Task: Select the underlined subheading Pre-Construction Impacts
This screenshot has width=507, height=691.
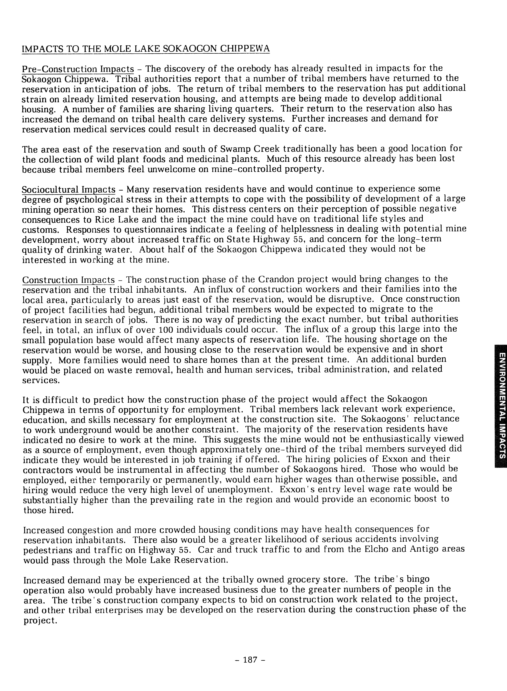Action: (78, 69)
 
